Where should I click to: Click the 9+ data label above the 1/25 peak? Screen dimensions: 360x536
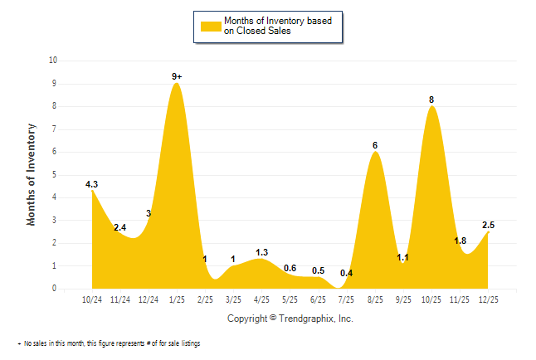tap(177, 76)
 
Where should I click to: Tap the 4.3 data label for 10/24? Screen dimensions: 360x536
tap(92, 184)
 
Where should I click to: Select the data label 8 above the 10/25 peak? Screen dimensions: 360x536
tap(431, 100)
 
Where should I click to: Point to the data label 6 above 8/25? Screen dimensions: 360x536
tap(375, 145)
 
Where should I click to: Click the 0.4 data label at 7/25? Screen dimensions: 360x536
tap(346, 273)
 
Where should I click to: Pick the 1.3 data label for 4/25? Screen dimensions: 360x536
tap(261, 252)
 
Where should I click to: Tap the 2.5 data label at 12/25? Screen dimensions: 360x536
tap(489, 225)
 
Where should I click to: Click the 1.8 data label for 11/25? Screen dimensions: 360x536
tap(460, 241)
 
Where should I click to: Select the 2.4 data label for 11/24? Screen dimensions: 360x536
tap(119, 227)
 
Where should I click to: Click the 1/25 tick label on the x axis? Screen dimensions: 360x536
tap(177, 299)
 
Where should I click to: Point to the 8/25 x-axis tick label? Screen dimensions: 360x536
tap(375, 299)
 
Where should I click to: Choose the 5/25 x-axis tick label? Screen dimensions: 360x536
tap(290, 299)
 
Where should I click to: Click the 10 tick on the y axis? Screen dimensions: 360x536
tap(53, 61)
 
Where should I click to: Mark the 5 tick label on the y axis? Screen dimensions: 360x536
tap(55, 175)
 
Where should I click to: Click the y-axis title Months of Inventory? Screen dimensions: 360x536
tap(32, 174)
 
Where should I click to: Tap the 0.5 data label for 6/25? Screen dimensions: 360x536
tap(318, 270)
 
